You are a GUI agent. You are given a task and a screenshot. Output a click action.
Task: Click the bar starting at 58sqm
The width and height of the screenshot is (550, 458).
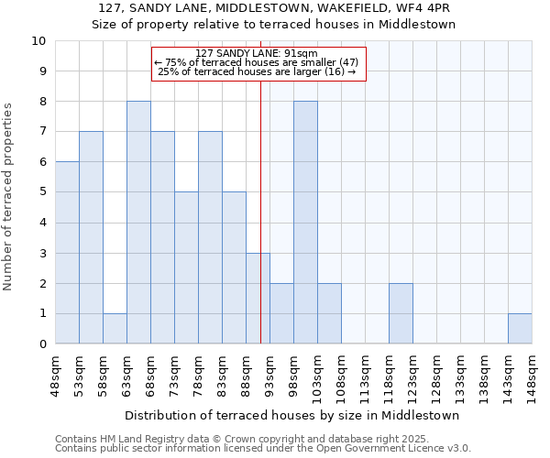pyautogui.click(x=115, y=329)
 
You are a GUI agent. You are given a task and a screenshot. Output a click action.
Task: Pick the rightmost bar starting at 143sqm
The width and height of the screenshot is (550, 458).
pyautogui.click(x=520, y=329)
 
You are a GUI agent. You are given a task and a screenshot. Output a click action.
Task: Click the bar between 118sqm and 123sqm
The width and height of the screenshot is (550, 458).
pyautogui.click(x=401, y=313)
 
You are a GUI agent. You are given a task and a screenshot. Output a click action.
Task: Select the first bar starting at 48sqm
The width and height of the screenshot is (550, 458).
pyautogui.click(x=67, y=253)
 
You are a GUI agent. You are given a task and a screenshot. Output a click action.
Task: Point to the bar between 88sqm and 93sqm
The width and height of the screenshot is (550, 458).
pyautogui.click(x=258, y=299)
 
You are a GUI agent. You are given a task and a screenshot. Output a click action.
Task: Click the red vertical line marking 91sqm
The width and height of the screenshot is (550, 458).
pyautogui.click(x=260, y=183)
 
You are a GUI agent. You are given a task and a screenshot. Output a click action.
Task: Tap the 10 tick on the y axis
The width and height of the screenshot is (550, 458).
pyautogui.click(x=38, y=41)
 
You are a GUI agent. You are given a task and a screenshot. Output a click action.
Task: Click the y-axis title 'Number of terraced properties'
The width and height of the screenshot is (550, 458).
pyautogui.click(x=8, y=197)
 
